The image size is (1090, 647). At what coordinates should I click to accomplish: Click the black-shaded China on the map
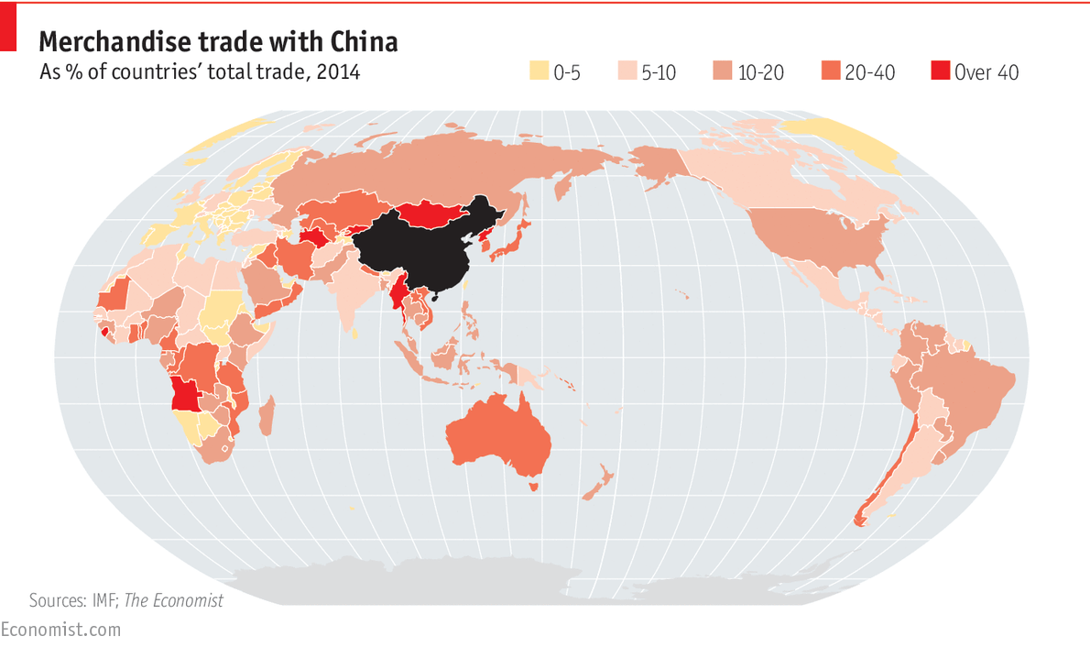coord(417,243)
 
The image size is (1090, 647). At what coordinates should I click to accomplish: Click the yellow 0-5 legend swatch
coord(539,71)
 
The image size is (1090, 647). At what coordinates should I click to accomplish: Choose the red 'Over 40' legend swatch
coord(940,71)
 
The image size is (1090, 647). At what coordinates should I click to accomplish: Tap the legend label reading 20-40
coord(869,72)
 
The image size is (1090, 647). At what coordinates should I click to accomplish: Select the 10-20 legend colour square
coord(723,71)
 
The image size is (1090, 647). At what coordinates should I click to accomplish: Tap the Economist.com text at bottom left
coord(60,630)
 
